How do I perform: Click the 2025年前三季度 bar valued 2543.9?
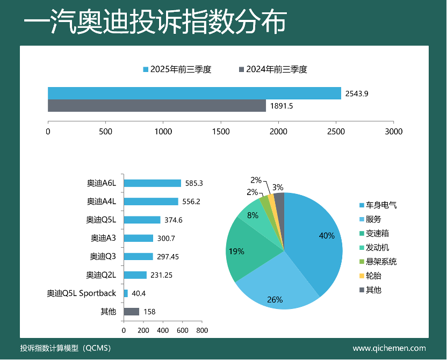(x=194, y=93)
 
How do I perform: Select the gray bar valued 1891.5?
(x=157, y=106)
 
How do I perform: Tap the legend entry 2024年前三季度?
(x=273, y=69)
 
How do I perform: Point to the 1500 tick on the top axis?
(x=221, y=131)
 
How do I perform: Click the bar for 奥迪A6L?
(x=153, y=183)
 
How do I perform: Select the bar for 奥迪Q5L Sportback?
(x=126, y=293)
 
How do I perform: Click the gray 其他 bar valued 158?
(x=132, y=312)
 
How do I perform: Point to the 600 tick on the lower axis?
(x=182, y=330)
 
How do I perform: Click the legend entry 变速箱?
(x=378, y=234)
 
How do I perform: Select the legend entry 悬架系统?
(x=381, y=262)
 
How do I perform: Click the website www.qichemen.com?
(x=389, y=348)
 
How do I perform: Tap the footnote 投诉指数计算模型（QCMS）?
(x=65, y=348)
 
